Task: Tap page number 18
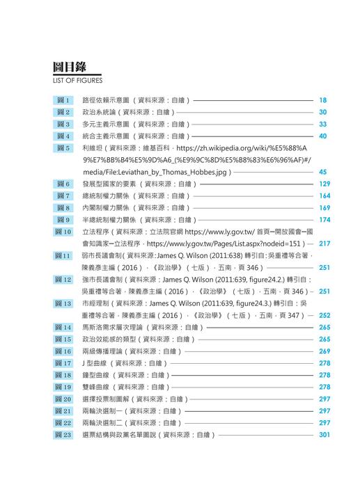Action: pos(323,100)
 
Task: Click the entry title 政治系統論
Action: pos(97,112)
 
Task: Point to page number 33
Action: pos(323,124)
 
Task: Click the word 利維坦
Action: pos(93,148)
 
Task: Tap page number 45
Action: pos(323,172)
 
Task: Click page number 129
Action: pos(324,184)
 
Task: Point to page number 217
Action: pos(324,244)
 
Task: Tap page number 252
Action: pos(324,315)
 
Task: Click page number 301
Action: pos(324,435)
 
